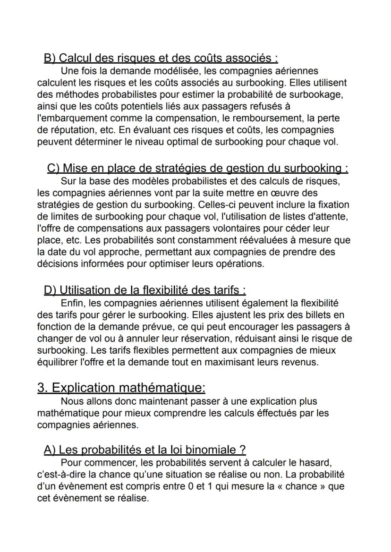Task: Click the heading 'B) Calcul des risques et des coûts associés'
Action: click(161, 58)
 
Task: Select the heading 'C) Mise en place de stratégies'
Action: click(197, 168)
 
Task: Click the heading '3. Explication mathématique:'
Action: click(121, 388)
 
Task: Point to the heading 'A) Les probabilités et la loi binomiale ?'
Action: click(144, 450)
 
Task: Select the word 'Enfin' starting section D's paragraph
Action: click(72, 303)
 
